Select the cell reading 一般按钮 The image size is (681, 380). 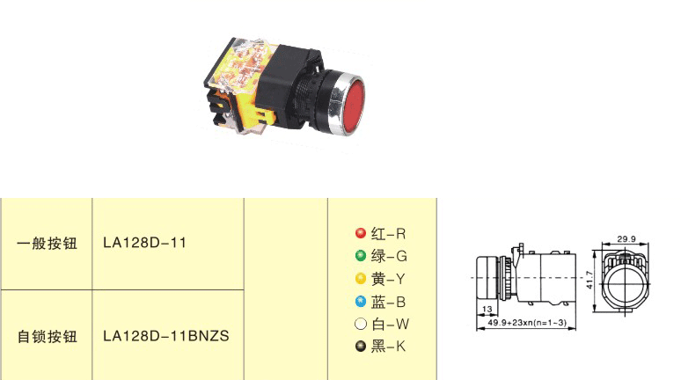click(x=47, y=243)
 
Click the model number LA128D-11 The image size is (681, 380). click(x=144, y=243)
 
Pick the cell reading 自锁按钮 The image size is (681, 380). click(x=47, y=336)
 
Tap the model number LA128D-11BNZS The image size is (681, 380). click(x=166, y=336)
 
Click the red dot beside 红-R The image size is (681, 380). click(x=361, y=233)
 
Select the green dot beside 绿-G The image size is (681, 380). click(x=361, y=255)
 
